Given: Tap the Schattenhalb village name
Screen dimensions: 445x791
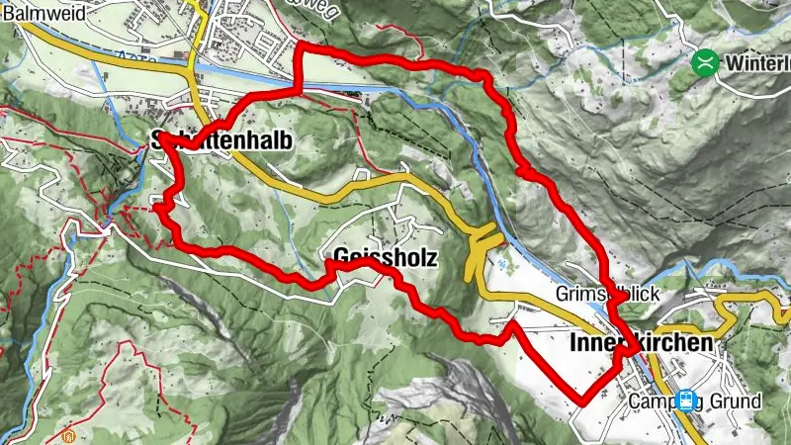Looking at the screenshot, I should pyautogui.click(x=221, y=140).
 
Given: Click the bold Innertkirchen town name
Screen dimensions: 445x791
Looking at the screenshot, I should pyautogui.click(x=642, y=343).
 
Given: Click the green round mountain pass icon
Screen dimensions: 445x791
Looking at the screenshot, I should pyautogui.click(x=705, y=62).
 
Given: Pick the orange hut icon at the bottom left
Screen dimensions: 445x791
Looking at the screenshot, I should pyautogui.click(x=67, y=436).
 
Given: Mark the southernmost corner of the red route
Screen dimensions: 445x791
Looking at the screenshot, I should pyautogui.click(x=583, y=401).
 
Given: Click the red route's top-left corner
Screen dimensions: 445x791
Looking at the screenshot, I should pyautogui.click(x=301, y=48).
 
